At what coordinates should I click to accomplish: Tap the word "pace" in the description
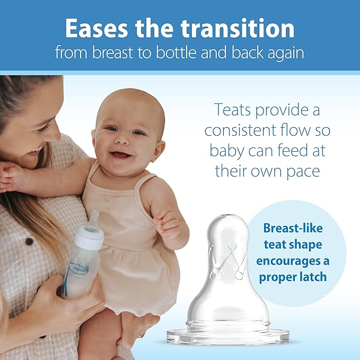tap(303, 170)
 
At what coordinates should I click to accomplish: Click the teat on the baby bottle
tap(93, 221)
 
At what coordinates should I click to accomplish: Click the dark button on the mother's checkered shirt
tap(29, 241)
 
